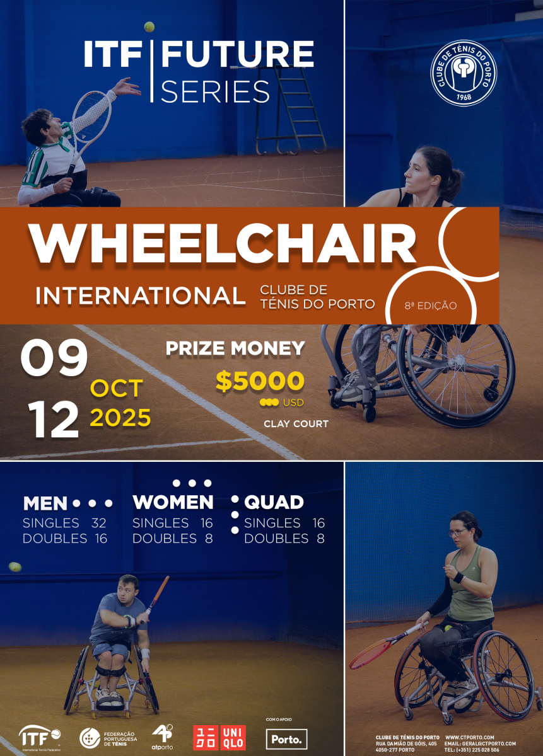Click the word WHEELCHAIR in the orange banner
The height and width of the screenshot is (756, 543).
tap(223, 243)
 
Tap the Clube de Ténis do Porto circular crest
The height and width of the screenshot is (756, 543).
tap(464, 73)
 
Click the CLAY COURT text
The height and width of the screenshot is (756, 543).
tap(296, 423)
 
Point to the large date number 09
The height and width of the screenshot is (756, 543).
tap(54, 358)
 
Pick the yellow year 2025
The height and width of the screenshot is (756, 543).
tap(120, 418)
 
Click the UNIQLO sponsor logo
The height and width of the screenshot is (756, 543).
tap(219, 738)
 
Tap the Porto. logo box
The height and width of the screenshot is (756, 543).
tap(286, 739)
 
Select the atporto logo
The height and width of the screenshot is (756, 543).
tap(162, 737)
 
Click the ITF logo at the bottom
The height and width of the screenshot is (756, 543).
tap(40, 738)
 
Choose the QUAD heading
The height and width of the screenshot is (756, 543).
tap(274, 503)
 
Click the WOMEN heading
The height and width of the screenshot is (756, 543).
tap(173, 502)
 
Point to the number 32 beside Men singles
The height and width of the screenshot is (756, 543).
tap(99, 523)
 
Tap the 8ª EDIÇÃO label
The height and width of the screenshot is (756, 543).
tap(431, 306)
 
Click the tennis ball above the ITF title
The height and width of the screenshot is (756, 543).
tap(149, 26)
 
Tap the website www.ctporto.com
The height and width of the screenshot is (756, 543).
tap(470, 738)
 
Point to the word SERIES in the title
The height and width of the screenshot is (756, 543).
tap(215, 91)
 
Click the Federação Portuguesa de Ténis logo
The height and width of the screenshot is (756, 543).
tap(108, 738)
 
